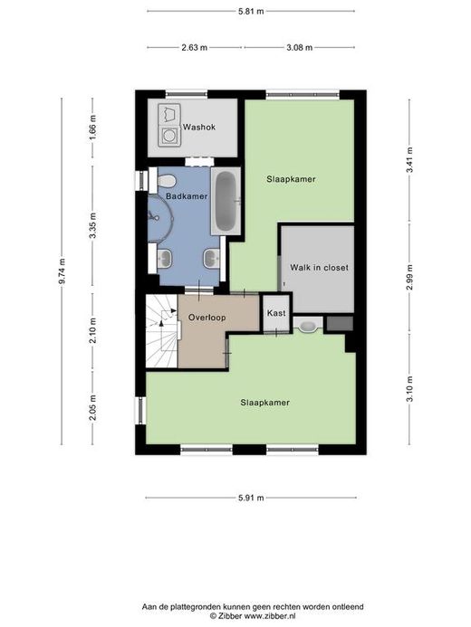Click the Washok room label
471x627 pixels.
[x=199, y=128]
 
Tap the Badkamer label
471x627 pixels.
[x=187, y=196]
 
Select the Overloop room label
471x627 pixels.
[x=207, y=318]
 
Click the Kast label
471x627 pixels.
[x=276, y=313]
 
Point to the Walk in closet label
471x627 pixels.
[x=319, y=268]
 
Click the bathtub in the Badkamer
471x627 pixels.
[x=226, y=201]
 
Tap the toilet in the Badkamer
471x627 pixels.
[x=166, y=180]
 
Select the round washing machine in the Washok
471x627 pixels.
[x=168, y=136]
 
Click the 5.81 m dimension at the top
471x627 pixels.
[x=251, y=11]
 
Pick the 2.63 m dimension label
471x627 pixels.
[x=194, y=48]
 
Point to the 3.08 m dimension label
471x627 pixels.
[x=299, y=48]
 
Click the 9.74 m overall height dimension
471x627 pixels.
[x=62, y=271]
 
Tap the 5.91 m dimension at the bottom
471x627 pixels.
[x=251, y=498]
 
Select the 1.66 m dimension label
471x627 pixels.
[x=92, y=128]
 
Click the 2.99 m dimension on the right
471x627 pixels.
[x=409, y=278]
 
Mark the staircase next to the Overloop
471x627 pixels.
[x=161, y=331]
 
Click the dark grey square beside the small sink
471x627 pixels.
[x=340, y=324]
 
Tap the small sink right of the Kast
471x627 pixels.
[x=308, y=326]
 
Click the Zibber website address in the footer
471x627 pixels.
[x=270, y=617]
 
